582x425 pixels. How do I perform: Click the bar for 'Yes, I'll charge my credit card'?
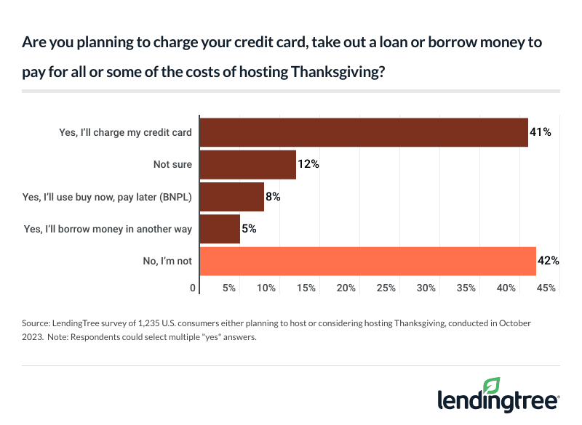click(363, 132)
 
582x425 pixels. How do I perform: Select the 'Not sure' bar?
click(247, 164)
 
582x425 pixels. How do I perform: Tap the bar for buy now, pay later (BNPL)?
click(231, 196)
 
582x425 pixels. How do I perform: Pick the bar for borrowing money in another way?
click(219, 229)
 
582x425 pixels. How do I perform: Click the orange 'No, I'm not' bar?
click(367, 261)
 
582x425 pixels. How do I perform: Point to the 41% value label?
click(541, 132)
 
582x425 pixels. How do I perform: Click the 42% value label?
click(549, 261)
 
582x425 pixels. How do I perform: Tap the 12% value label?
click(308, 164)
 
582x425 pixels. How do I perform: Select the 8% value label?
click(274, 196)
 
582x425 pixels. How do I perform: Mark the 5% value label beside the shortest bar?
click(249, 229)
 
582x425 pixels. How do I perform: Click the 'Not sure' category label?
click(172, 164)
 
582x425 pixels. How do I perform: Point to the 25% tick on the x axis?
click(386, 288)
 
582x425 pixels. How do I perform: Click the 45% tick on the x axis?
click(546, 288)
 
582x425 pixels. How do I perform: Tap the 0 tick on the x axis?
click(194, 288)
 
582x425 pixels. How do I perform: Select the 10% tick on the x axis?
click(266, 288)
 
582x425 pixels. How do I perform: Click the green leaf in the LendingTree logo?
click(491, 386)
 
